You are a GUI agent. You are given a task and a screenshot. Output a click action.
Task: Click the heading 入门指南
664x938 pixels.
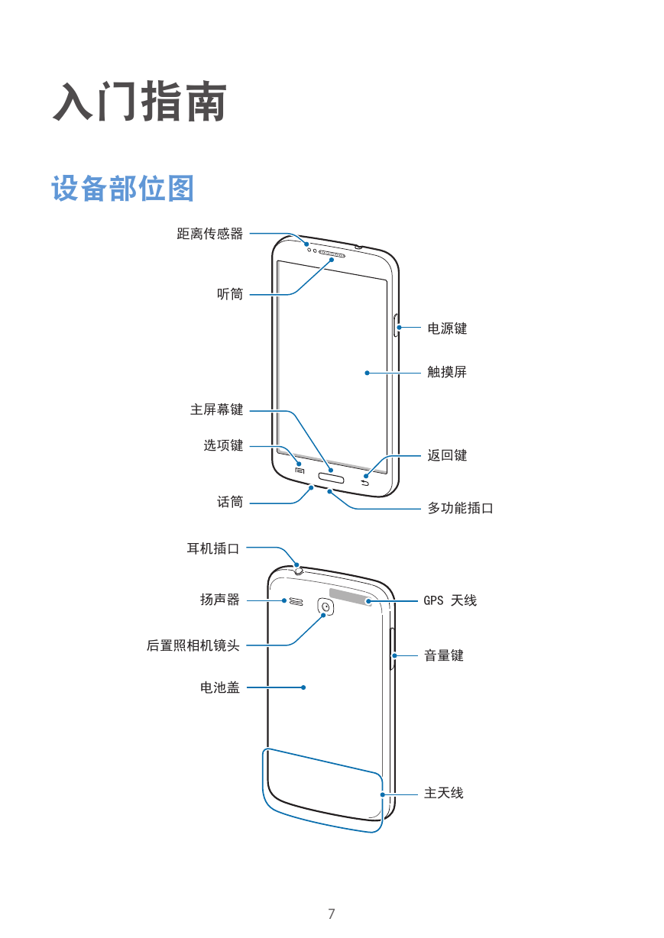pos(140,102)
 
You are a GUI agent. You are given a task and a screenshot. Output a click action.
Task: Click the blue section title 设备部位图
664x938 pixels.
pos(122,189)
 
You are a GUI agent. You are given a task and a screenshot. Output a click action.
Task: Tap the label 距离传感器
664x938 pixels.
pos(210,234)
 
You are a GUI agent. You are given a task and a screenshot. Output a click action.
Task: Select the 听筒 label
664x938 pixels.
pos(230,294)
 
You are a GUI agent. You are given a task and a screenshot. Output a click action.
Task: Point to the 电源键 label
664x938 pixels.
pos(447,328)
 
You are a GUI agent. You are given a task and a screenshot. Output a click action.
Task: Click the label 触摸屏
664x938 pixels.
pos(447,372)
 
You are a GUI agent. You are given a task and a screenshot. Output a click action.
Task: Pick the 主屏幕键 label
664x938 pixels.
pos(216,409)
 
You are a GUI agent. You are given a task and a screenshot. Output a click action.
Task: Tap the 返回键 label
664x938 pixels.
pos(447,455)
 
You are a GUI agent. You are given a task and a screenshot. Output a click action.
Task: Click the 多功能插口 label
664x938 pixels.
pos(461,508)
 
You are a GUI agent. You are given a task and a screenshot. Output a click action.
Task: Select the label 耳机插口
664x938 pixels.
pos(213,548)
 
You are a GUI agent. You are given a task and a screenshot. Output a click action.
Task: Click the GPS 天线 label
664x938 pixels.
pos(450,600)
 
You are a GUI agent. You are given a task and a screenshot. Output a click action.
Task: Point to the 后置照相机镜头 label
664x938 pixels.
pos(193,645)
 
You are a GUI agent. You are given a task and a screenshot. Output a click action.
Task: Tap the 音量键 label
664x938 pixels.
pos(444,655)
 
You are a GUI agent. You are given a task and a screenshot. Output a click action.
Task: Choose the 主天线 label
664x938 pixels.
pos(444,793)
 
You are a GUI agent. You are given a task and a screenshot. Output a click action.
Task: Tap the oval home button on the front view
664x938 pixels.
pos(332,477)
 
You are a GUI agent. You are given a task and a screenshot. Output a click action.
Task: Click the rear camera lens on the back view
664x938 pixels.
pos(326,606)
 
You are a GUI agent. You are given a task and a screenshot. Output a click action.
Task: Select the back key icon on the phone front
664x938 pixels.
pos(366,484)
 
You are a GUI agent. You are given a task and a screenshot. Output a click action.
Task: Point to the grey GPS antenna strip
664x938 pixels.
pos(351,597)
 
